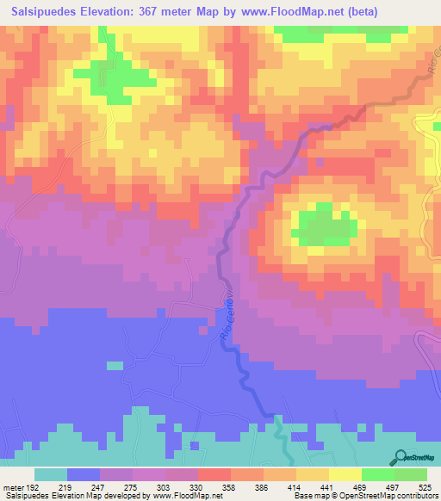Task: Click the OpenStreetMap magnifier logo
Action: click(401, 458)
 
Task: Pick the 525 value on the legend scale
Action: click(425, 486)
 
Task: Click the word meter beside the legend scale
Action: click(13, 486)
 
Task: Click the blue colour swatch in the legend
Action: click(84, 474)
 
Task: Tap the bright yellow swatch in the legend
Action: click(345, 474)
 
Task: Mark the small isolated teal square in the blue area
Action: click(115, 366)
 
